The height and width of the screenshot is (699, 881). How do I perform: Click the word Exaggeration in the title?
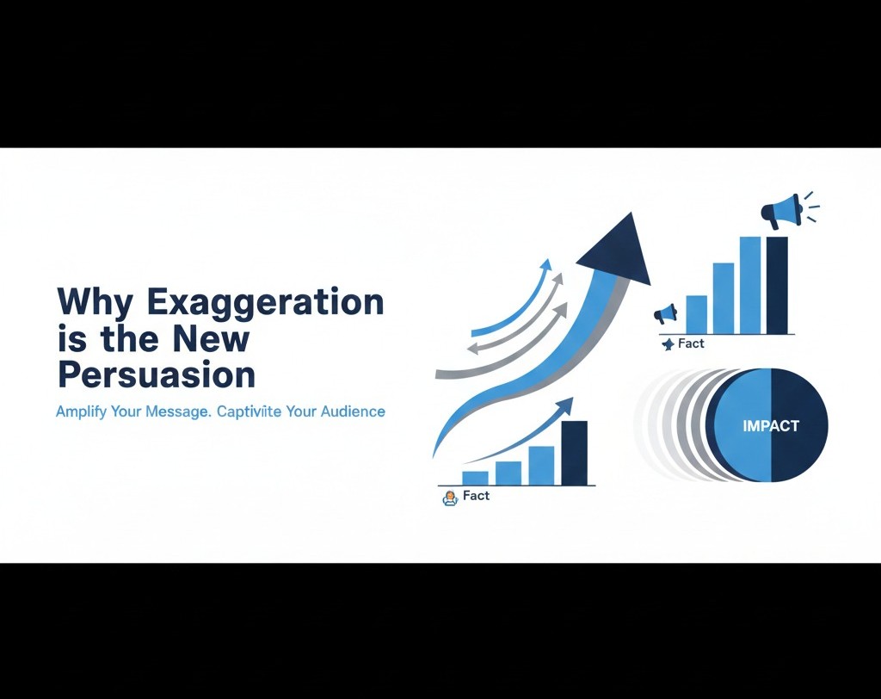point(266,304)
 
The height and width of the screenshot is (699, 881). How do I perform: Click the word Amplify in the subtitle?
point(81,412)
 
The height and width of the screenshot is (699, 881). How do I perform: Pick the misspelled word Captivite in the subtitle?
point(255,411)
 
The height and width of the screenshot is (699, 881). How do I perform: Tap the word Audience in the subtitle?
point(354,411)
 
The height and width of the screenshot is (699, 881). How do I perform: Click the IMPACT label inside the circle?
point(771,425)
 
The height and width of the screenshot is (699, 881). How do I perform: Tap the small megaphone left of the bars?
point(665,315)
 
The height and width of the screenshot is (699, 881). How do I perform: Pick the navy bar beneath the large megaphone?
point(776,285)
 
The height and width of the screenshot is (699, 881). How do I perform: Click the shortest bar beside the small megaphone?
point(696,314)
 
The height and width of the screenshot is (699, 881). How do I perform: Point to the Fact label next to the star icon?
point(691,343)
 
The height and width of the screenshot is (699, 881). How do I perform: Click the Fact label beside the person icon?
point(476,496)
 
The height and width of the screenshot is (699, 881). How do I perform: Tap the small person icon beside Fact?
point(448,498)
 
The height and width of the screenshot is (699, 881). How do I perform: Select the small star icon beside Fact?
point(668,344)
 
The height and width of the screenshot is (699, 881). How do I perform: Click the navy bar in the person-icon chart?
point(574,453)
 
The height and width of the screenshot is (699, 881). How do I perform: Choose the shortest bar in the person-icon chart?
point(475,478)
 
